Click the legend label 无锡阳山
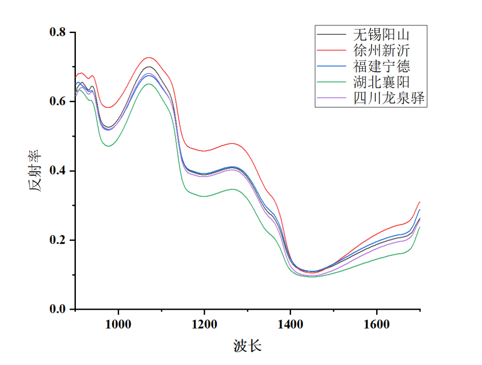382,34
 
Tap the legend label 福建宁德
382,66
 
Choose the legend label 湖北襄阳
382,82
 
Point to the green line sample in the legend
332,82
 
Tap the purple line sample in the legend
332,98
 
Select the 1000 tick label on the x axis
118,324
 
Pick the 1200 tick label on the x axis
204,324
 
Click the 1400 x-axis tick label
290,324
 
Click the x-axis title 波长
247,345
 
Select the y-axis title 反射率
37,171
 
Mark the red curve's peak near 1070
149,57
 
